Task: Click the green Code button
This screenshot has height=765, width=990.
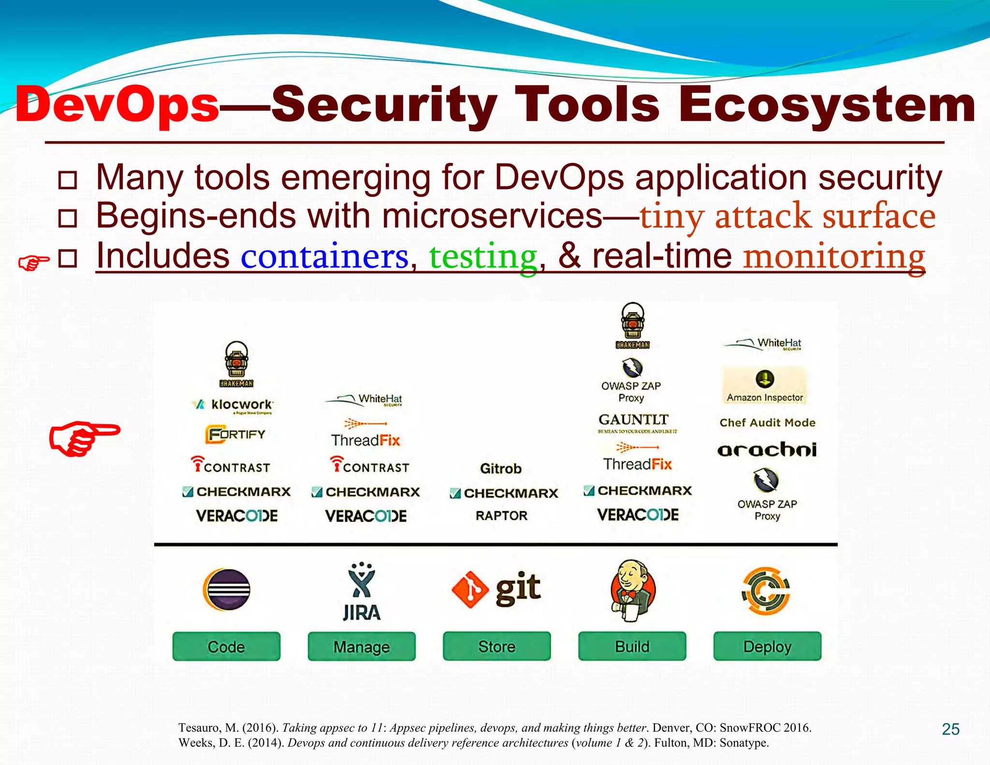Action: [x=226, y=646]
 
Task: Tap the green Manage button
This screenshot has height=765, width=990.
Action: [x=362, y=646]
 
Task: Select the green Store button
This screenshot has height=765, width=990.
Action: [x=497, y=646]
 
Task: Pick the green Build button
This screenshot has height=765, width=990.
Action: [x=632, y=646]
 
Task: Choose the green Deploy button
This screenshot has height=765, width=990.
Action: [x=767, y=646]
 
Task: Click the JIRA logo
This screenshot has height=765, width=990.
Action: [x=362, y=592]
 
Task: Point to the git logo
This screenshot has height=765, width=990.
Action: [x=496, y=588]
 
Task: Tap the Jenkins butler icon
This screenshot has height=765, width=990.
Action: [x=632, y=590]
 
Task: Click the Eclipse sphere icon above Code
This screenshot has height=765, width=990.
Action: [x=227, y=589]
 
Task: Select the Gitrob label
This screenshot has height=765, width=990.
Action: [x=501, y=468]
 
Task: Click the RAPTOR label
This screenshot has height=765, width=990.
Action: [x=501, y=515]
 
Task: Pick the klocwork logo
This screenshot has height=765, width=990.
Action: [x=233, y=405]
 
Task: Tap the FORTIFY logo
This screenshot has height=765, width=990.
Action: [x=235, y=434]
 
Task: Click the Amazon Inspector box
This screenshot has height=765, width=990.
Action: [x=765, y=385]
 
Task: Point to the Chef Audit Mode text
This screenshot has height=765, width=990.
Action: [x=767, y=422]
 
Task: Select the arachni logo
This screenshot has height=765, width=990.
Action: [x=767, y=450]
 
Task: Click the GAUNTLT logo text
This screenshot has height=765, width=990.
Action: [x=633, y=419]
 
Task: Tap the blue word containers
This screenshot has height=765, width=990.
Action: [x=325, y=256]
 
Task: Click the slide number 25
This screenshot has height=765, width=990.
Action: [x=950, y=729]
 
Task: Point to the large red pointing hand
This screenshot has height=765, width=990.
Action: [x=85, y=438]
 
